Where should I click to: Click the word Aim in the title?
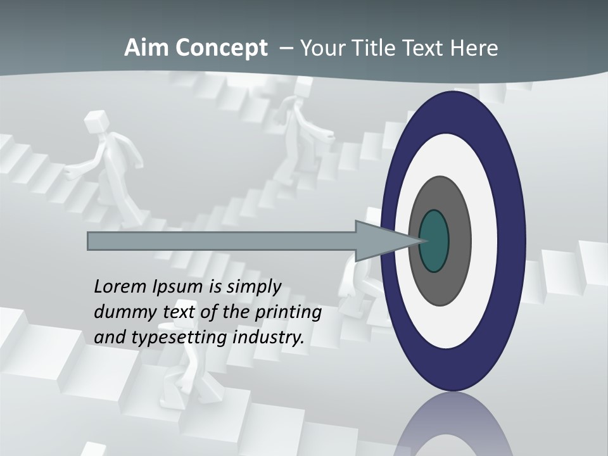pos(144,48)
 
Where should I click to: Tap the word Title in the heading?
pos(376,48)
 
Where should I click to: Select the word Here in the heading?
pos(475,48)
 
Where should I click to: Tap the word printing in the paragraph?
pos(288,312)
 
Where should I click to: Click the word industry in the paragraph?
pos(269,337)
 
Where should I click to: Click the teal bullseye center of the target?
pos(434,241)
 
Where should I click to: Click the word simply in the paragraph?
pos(253,287)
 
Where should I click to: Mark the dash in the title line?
pos(286,48)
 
